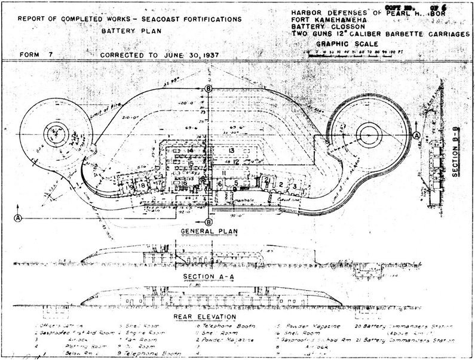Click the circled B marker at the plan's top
208,89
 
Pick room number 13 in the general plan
231,151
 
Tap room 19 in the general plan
131,186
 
